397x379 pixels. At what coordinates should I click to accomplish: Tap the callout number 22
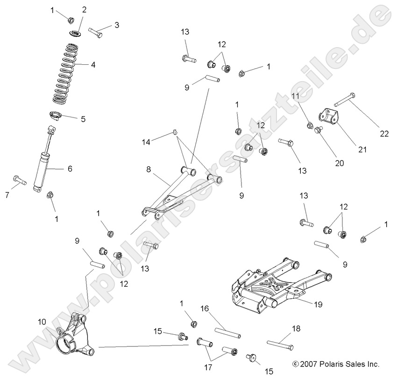(x=384, y=134)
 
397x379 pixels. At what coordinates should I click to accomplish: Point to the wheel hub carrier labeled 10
(x=75, y=336)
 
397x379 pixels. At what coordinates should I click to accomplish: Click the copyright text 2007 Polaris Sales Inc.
(x=335, y=364)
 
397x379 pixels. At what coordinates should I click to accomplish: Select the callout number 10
(x=42, y=321)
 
